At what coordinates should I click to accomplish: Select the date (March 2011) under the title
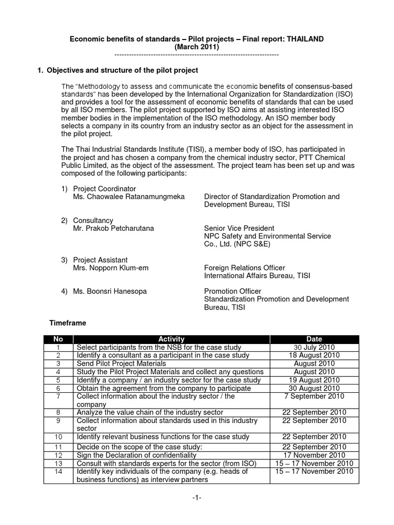point(197,47)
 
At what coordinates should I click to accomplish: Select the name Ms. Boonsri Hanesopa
point(110,291)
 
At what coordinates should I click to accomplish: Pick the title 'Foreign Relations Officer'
point(245,268)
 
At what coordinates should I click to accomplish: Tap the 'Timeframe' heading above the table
point(67,324)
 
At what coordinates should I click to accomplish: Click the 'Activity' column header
point(171,339)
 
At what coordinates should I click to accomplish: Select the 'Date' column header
point(314,339)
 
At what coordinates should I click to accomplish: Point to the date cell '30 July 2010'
point(314,347)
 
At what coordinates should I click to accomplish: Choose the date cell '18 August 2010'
point(314,355)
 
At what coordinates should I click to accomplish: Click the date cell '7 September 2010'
point(314,396)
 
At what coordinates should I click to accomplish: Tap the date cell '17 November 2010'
point(314,455)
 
